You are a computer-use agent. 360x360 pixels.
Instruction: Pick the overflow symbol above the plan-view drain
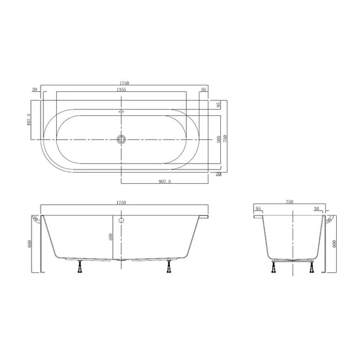pos(121,111)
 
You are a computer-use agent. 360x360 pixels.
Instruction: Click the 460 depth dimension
pos(111,237)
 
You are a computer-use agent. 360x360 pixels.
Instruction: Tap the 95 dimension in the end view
pos(258,209)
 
